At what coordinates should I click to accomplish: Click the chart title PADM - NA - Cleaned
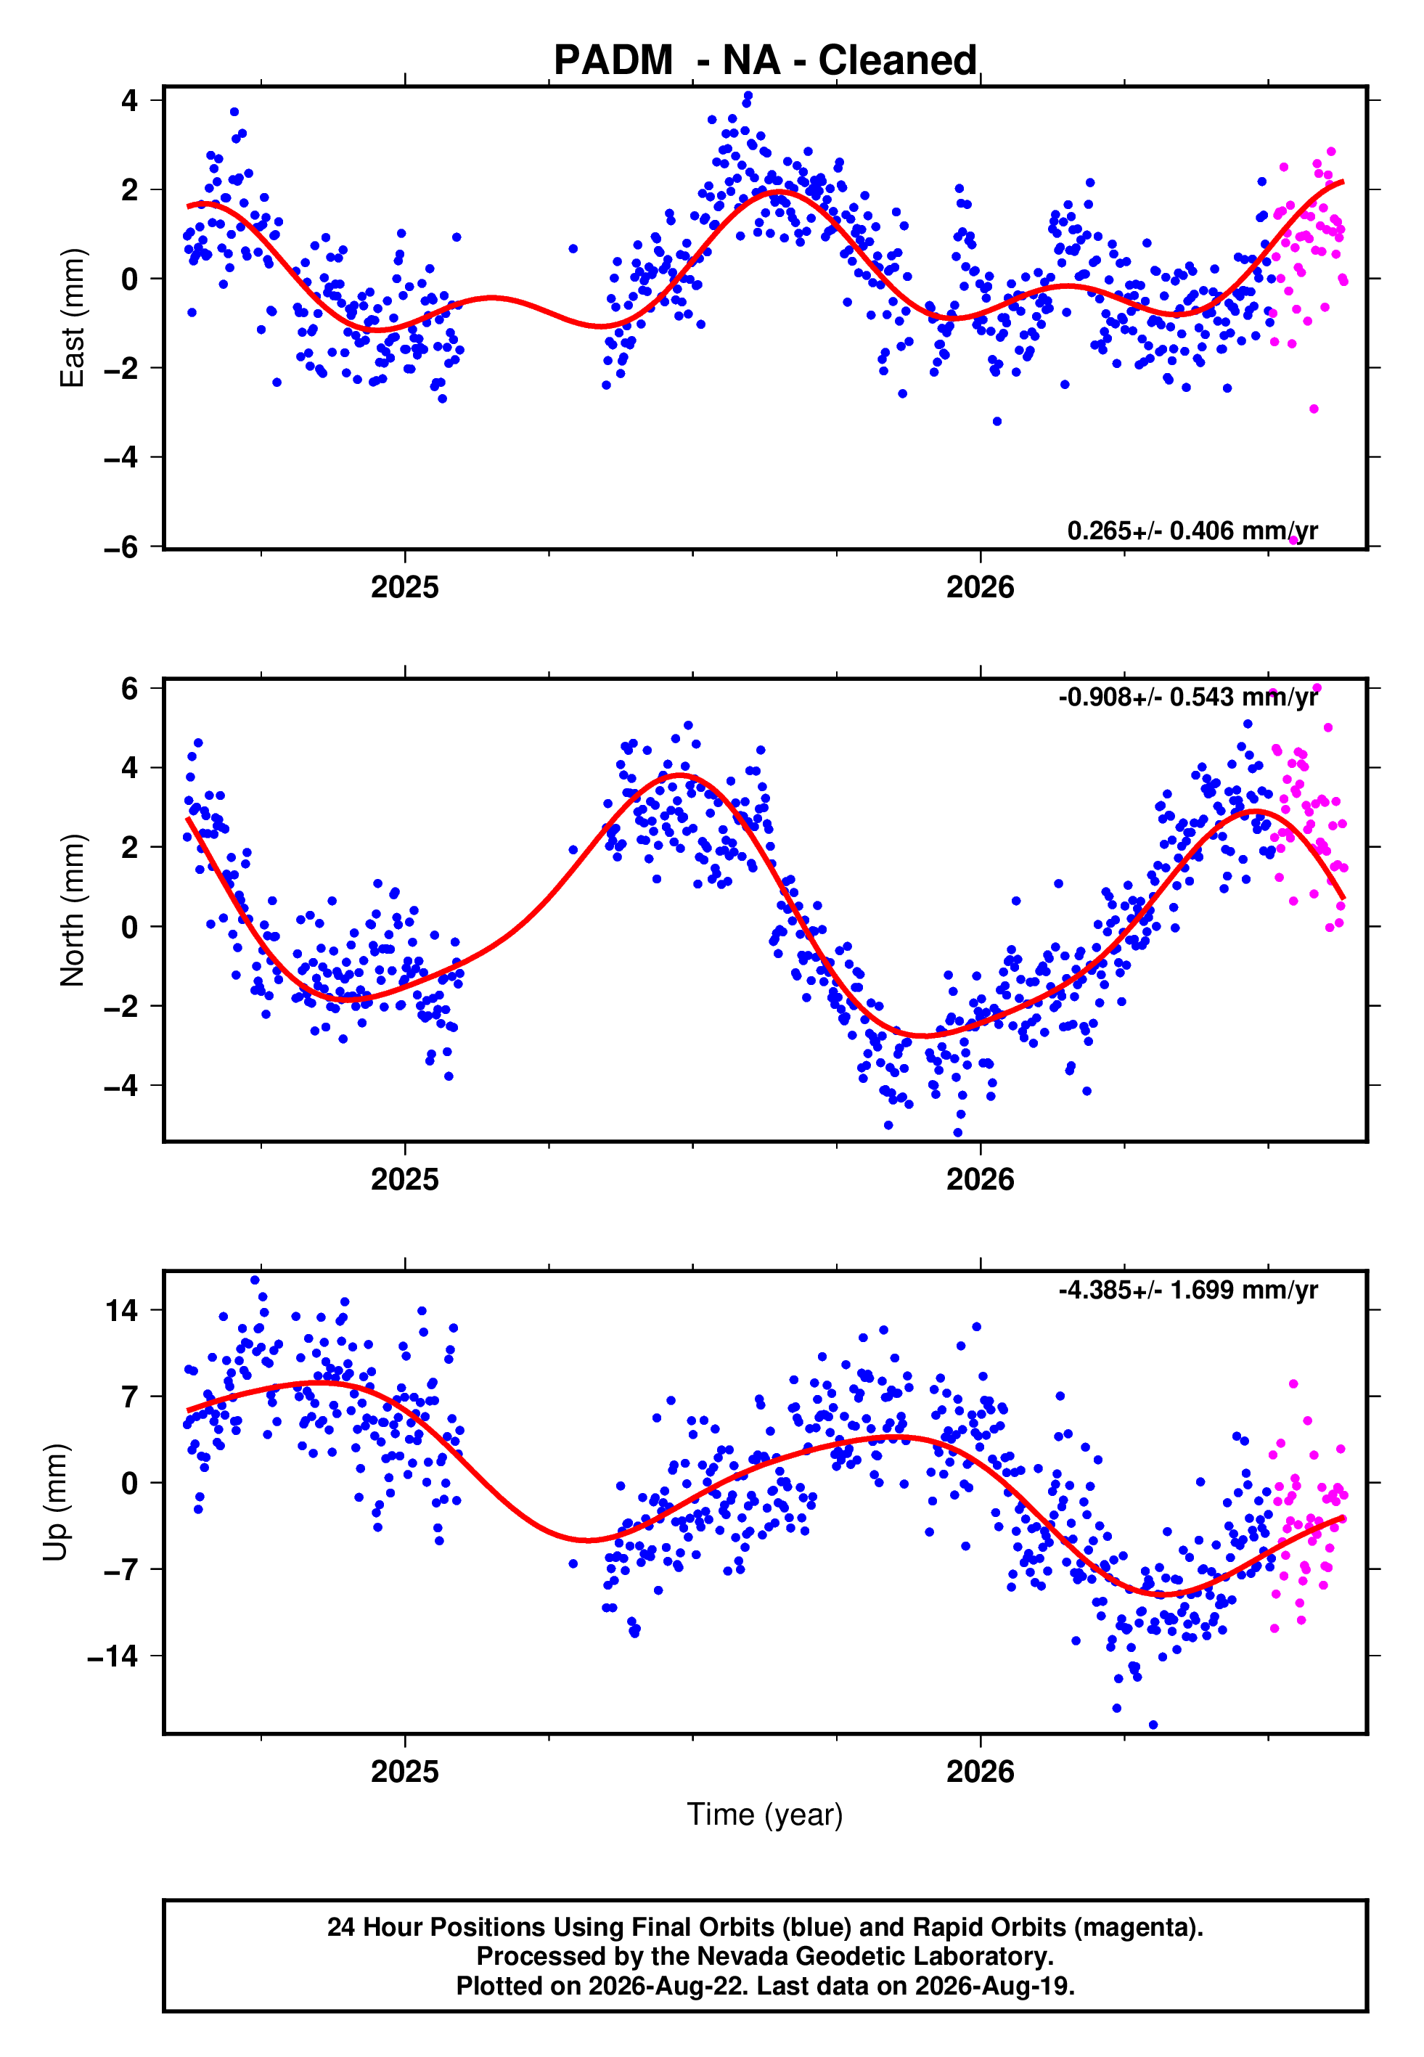[765, 61]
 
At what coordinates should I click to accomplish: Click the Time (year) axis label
[765, 1815]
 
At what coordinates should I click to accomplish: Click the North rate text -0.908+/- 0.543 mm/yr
[1187, 697]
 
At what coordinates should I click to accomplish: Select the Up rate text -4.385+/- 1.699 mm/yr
[1187, 1290]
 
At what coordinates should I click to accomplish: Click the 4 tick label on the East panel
[130, 101]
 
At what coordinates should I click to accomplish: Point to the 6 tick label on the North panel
[130, 688]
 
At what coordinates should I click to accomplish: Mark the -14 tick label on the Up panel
[113, 1656]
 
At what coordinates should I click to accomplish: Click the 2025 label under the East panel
[405, 587]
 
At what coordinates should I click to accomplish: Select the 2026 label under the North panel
[981, 1179]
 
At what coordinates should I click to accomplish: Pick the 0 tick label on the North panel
[130, 927]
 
